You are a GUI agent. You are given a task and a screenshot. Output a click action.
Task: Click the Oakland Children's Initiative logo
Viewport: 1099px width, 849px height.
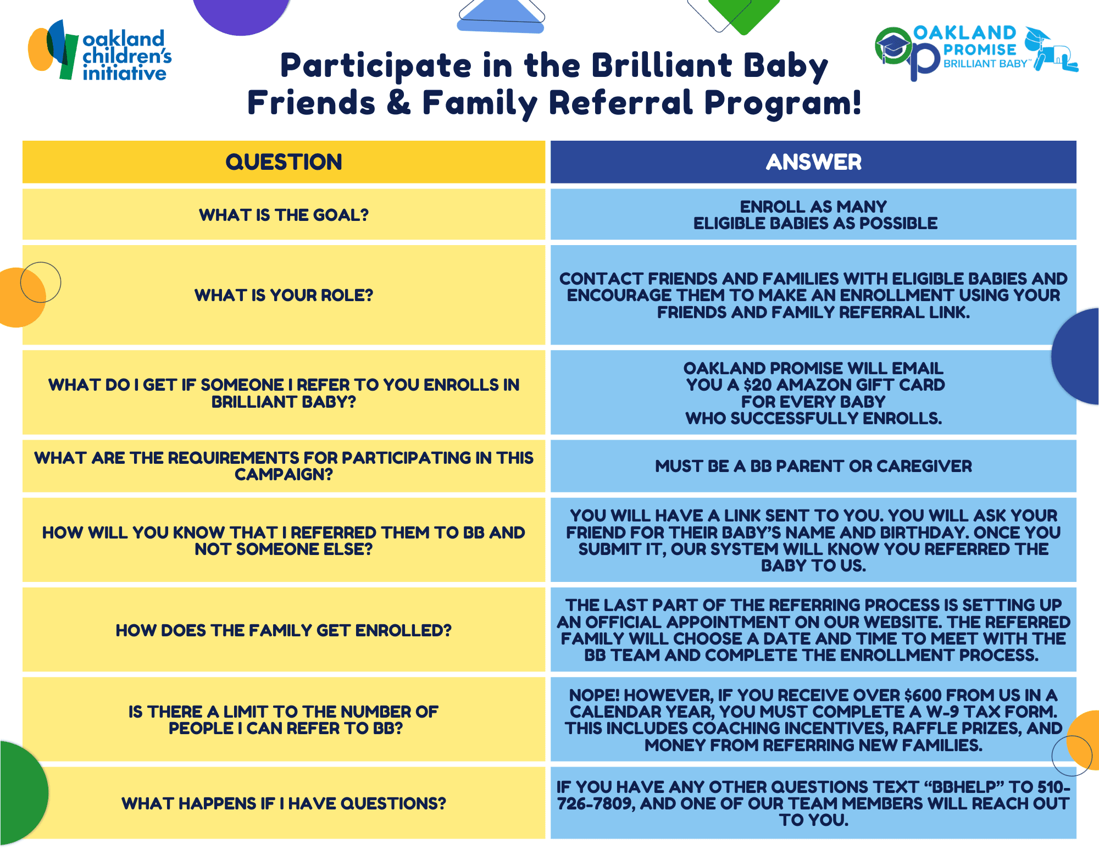(x=99, y=51)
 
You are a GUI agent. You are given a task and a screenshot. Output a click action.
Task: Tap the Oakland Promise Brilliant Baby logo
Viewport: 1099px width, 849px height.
(x=976, y=52)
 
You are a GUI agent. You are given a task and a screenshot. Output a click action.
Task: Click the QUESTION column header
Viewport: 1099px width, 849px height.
(x=284, y=162)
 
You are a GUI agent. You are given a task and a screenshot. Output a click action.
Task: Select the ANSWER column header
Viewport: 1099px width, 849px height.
(x=813, y=162)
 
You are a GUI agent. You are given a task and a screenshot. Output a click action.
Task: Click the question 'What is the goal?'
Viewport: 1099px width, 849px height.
(x=284, y=215)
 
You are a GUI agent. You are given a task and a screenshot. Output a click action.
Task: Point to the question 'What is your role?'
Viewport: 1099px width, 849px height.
(x=284, y=295)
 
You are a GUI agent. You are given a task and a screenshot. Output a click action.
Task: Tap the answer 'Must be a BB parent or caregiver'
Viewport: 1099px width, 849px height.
(x=813, y=466)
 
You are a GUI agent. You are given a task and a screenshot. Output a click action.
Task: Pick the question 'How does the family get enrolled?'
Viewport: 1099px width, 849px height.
(x=284, y=630)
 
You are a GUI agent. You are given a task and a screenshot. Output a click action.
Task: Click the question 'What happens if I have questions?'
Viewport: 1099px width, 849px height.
(x=284, y=803)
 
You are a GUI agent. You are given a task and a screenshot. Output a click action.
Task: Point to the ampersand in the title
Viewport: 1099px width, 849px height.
(x=399, y=103)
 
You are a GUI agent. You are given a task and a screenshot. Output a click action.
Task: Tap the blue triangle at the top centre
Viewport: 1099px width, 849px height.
(x=501, y=16)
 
